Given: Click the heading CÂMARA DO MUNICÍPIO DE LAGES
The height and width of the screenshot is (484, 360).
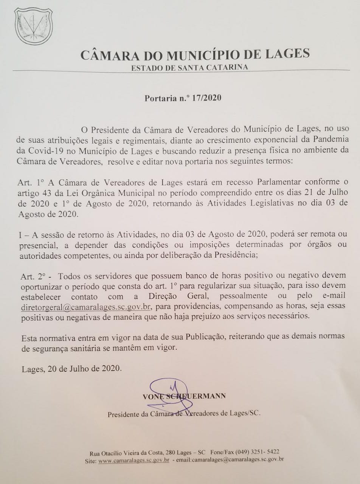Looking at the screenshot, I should click(x=195, y=54).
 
